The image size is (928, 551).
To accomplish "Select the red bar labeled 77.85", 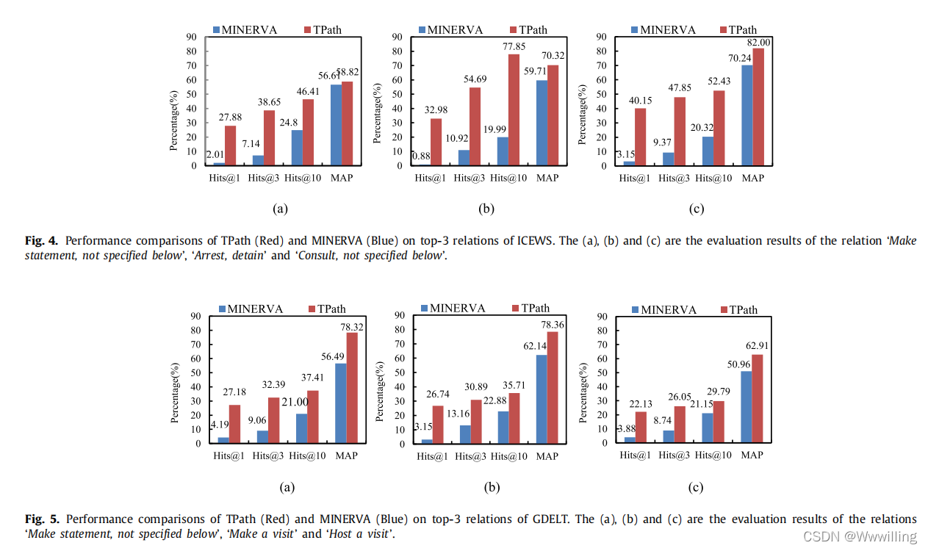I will (514, 110).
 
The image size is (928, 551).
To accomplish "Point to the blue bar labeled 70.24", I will (747, 115).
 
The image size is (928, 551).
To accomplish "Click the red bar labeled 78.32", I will (352, 388).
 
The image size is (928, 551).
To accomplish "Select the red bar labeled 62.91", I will (758, 398).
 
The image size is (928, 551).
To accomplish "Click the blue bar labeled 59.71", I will (542, 123).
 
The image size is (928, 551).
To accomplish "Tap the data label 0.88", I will (421, 156).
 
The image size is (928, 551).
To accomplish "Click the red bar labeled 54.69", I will (475, 126).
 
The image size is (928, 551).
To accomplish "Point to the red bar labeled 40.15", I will (640, 137).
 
